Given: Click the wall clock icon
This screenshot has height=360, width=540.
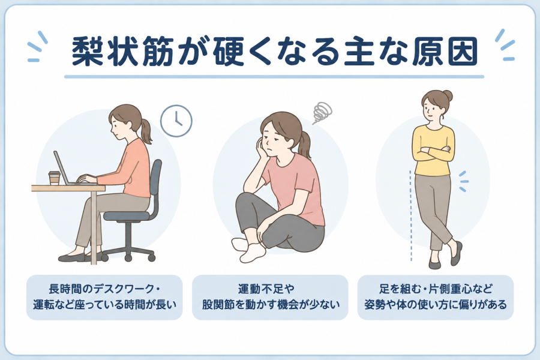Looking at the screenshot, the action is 176,121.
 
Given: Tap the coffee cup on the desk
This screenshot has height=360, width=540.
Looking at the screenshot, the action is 54,178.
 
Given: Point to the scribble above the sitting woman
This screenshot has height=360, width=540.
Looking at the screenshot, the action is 322,113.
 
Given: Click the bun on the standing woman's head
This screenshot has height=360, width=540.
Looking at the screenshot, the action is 447,95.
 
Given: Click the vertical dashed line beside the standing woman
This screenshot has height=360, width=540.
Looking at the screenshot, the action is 410,215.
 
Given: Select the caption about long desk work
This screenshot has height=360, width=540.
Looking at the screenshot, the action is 104,297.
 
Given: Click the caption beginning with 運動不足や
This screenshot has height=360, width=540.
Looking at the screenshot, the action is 271,297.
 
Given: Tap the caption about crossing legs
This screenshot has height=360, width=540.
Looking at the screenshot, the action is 436,297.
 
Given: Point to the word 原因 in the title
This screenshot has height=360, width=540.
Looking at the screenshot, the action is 444,52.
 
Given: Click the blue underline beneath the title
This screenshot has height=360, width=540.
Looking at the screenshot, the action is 274,77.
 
